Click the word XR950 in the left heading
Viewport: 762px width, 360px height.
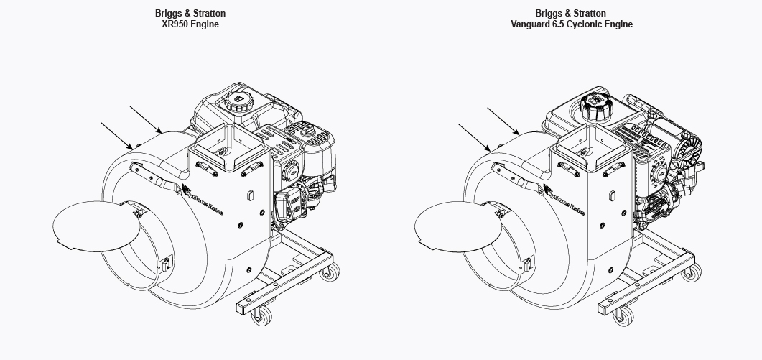(x=175, y=24)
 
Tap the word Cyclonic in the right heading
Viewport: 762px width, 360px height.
(x=585, y=24)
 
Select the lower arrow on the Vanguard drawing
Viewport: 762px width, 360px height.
(x=474, y=137)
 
